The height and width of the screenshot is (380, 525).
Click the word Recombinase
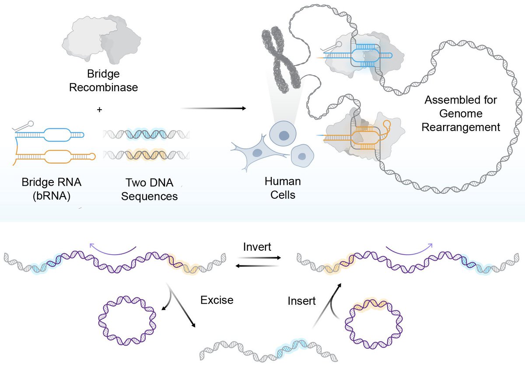pyautogui.click(x=103, y=87)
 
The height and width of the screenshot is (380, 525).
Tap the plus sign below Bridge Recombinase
pyautogui.click(x=100, y=110)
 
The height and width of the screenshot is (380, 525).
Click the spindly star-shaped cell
pyautogui.click(x=256, y=153)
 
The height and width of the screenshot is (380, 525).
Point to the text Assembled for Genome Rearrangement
pyautogui.click(x=461, y=114)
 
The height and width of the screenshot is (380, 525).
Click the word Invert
pyautogui.click(x=257, y=247)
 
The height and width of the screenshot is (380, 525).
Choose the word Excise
pyautogui.click(x=217, y=300)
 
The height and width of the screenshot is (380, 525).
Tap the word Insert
pyautogui.click(x=302, y=301)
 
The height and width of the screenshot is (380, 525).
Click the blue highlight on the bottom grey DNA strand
pyautogui.click(x=292, y=347)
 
